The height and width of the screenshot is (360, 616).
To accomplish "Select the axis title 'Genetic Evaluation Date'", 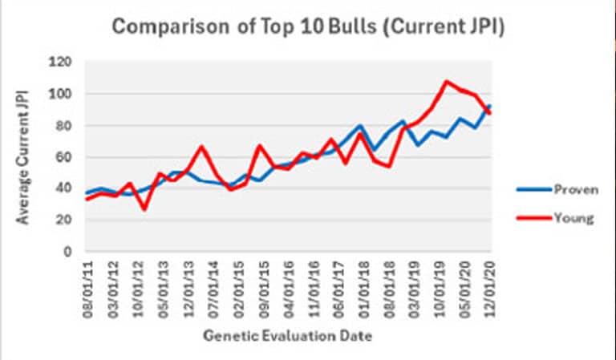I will pyautogui.click(x=288, y=336).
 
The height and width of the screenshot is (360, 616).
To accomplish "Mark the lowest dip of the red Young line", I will pyautogui.click(x=144, y=209).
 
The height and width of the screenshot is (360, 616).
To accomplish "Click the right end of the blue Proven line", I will pyautogui.click(x=490, y=106).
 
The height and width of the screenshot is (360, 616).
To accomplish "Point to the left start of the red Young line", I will pyautogui.click(x=87, y=199).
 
